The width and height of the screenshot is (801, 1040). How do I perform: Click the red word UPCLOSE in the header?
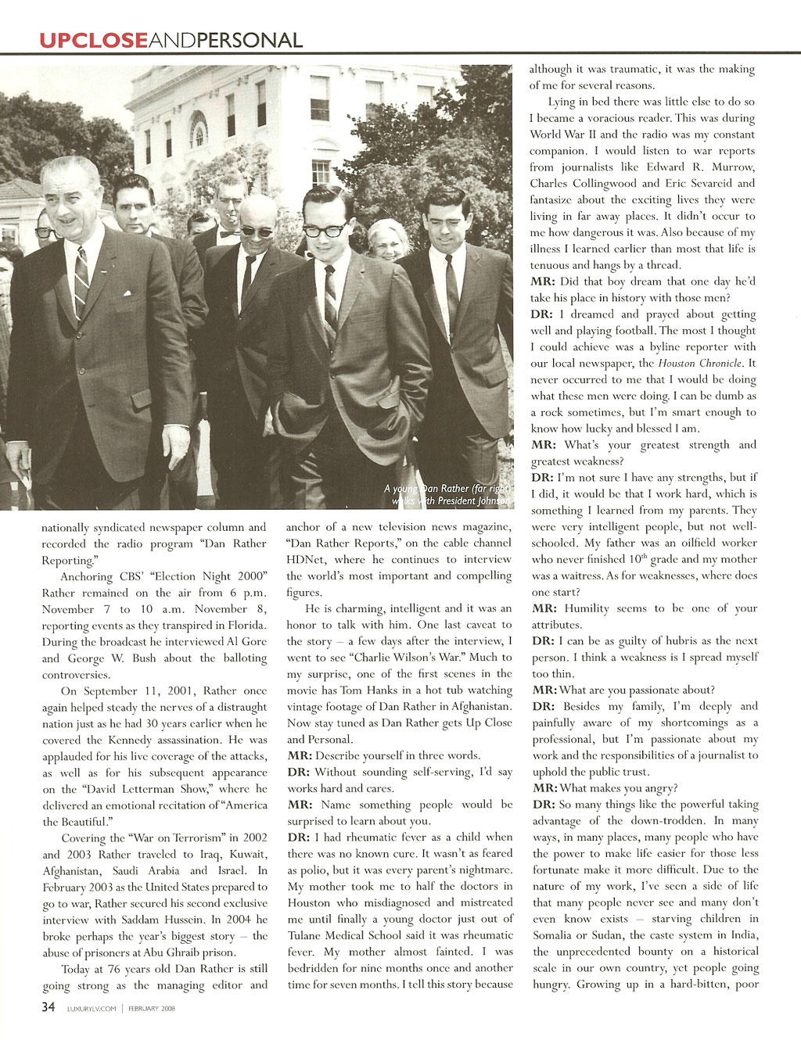pyautogui.click(x=93, y=40)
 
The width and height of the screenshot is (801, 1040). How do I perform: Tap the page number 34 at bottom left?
pyautogui.click(x=48, y=1007)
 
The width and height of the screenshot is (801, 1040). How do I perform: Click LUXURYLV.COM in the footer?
pyautogui.click(x=92, y=1009)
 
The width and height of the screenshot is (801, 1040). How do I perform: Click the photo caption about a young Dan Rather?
pyautogui.click(x=447, y=494)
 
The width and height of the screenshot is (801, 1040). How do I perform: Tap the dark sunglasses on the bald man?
pyautogui.click(x=258, y=231)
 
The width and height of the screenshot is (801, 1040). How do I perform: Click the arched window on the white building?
pyautogui.click(x=199, y=130)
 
